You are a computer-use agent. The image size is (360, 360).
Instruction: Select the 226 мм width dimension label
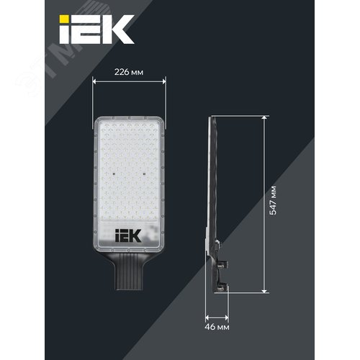point(129,72)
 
